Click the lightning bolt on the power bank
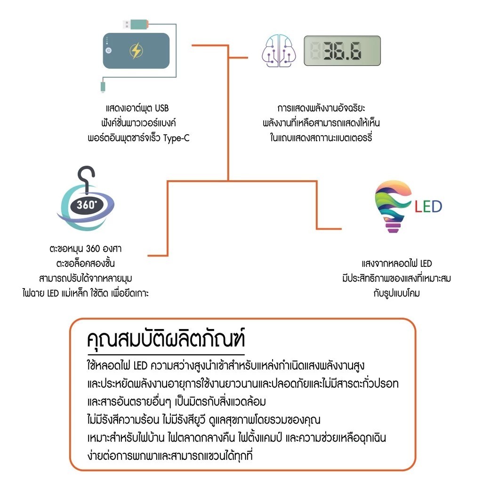[136, 51]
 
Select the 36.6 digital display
[341, 51]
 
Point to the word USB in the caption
[161, 108]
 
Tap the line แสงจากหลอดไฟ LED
[396, 263]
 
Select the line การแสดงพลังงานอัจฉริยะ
[321, 108]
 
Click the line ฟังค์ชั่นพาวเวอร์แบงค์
[135, 123]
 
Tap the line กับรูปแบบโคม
[396, 293]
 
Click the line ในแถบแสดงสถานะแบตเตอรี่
[321, 138]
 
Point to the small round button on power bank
[109, 50]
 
